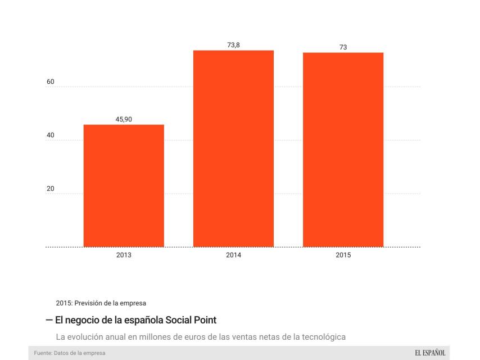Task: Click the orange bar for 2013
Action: [x=124, y=186]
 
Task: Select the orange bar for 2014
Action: [x=233, y=148]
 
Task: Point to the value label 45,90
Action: [x=124, y=119]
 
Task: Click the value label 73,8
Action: [x=233, y=45]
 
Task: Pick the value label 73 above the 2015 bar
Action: [x=343, y=47]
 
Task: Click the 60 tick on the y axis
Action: [x=51, y=82]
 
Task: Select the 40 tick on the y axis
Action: [x=51, y=136]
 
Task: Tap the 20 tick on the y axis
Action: [x=51, y=189]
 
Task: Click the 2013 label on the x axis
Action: [x=124, y=255]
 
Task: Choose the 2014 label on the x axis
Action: [x=233, y=255]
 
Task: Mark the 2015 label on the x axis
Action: [x=343, y=255]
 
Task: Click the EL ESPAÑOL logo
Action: [x=430, y=353]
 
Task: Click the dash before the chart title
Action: [x=49, y=319]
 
